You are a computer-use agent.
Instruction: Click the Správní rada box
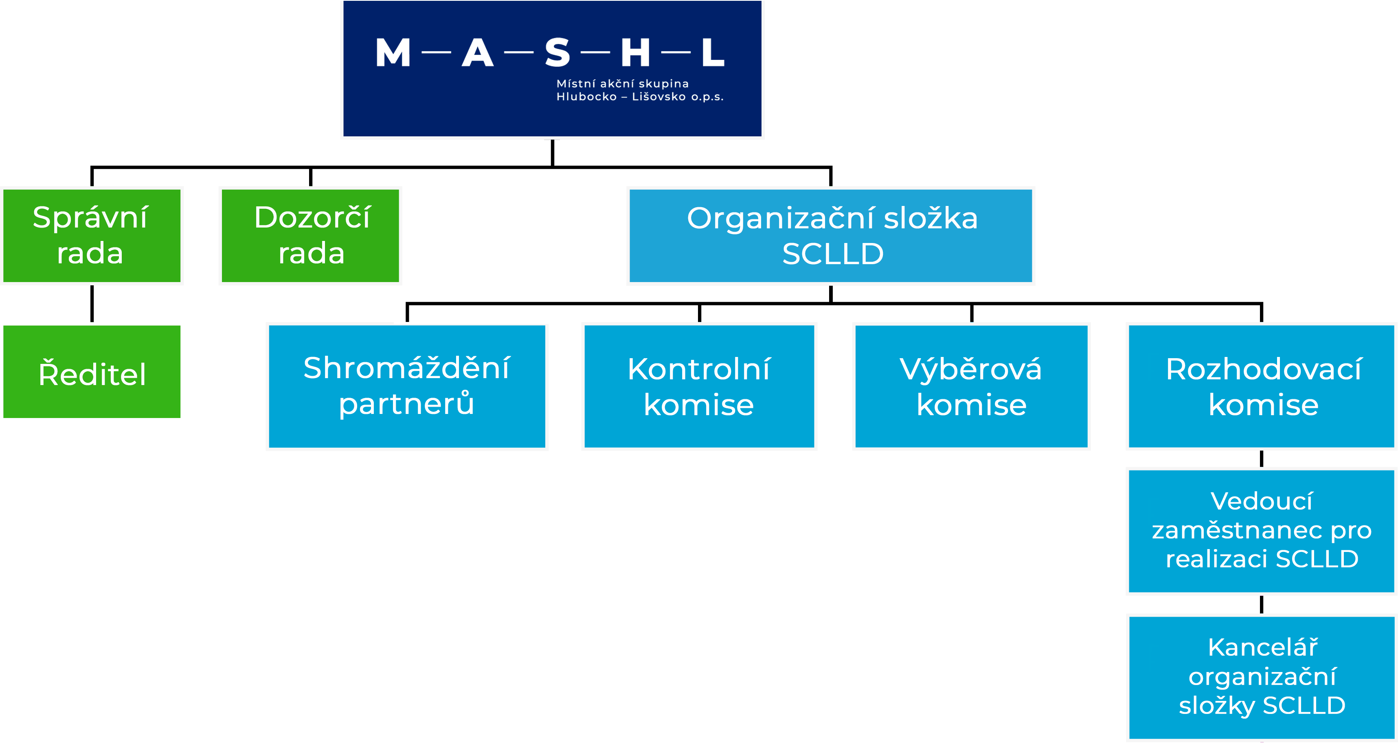click(x=92, y=235)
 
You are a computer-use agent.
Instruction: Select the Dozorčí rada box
click(x=310, y=235)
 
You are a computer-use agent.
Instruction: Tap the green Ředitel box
click(x=92, y=372)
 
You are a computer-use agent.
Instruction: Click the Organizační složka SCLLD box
click(x=831, y=235)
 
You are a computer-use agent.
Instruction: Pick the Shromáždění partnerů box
click(x=407, y=386)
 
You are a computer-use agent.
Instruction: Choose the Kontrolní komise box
click(x=699, y=386)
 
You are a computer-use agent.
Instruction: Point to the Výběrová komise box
click(x=972, y=386)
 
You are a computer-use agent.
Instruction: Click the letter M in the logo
click(x=393, y=53)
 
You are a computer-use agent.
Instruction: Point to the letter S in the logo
click(x=557, y=53)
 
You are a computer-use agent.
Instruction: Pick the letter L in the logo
click(x=713, y=53)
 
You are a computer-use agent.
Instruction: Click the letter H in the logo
click(x=636, y=53)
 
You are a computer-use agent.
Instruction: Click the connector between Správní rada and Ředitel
click(x=92, y=304)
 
